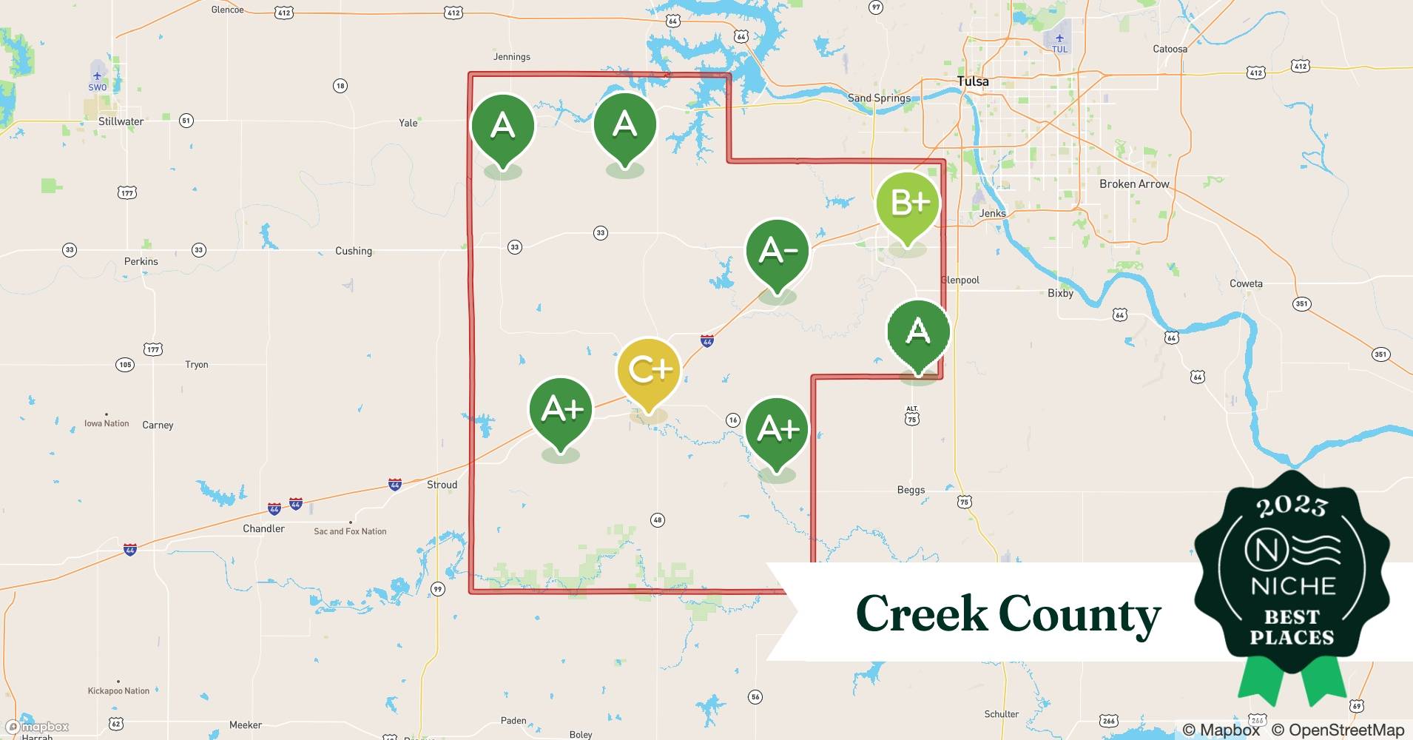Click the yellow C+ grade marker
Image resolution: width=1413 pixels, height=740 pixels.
pos(649,370)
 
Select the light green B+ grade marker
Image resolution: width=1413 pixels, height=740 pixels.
pos(908,203)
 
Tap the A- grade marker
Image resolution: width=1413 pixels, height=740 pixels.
pos(778,251)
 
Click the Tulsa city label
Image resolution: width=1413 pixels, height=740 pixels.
pos(972,81)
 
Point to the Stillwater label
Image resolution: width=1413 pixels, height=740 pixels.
pos(121,121)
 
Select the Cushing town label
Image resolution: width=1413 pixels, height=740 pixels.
pos(353,251)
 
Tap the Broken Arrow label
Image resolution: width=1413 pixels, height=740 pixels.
pos(1133,184)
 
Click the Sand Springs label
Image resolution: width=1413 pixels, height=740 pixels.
pos(879,98)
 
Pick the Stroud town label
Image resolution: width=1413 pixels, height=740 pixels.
pos(442,485)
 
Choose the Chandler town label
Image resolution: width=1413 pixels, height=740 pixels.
pos(263,528)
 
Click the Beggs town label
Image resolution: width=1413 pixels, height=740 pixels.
pos(911,490)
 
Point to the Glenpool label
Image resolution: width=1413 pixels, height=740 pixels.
pos(960,280)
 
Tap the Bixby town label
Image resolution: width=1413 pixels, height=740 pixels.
pos(1060,293)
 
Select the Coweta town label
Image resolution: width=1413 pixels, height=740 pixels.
pos(1246,283)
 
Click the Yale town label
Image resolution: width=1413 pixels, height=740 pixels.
pos(408,123)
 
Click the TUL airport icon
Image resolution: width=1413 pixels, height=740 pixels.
pos(1059,38)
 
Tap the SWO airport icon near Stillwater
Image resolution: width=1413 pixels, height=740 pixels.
pos(98,75)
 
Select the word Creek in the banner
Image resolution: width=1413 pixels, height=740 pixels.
pos(920,613)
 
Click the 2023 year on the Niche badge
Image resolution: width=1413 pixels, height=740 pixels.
pos(1292,507)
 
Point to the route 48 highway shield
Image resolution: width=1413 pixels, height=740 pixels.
pos(658,520)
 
